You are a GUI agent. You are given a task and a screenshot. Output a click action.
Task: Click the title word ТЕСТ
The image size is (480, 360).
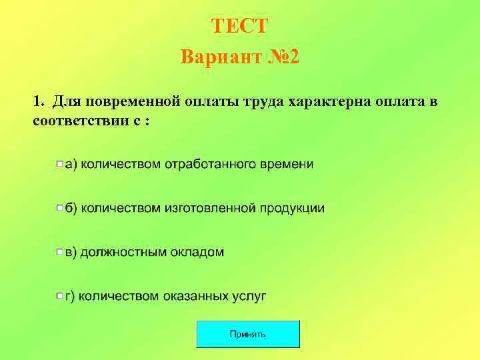(239, 26)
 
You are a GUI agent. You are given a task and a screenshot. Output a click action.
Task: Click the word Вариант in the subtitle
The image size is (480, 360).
(217, 57)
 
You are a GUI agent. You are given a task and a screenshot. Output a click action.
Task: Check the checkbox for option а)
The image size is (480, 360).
(59, 164)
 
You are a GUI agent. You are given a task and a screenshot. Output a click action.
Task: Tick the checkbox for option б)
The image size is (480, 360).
(59, 208)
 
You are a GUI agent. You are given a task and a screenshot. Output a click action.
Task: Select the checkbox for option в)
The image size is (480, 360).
(59, 253)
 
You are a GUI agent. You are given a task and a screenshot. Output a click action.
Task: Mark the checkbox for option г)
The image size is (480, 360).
(59, 296)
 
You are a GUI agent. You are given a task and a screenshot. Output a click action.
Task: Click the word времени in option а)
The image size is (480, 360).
(287, 164)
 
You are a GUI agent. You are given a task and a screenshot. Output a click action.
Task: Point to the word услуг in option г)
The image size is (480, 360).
(248, 296)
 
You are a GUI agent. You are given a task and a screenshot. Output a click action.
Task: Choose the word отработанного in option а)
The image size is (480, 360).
(209, 164)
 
